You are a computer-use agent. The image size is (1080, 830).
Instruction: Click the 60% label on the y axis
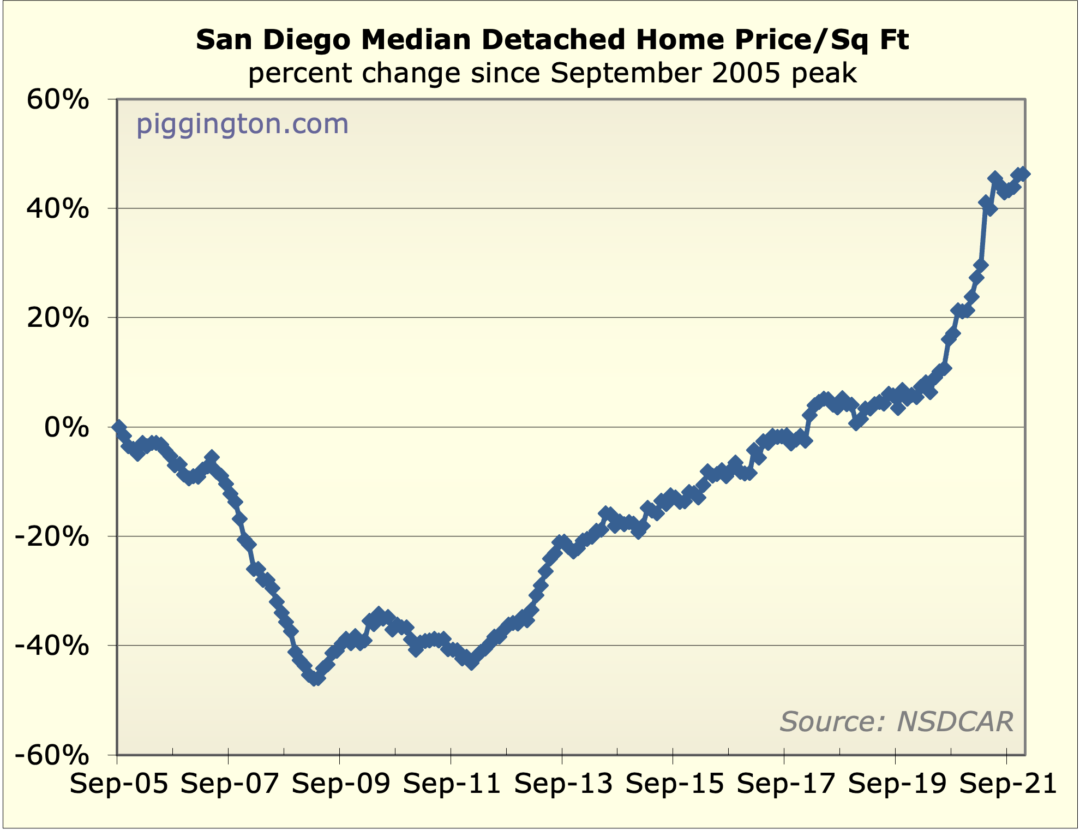tap(57, 100)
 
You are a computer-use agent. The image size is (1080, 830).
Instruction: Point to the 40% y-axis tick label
tap(57, 208)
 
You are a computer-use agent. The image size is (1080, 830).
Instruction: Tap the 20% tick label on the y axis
tap(57, 318)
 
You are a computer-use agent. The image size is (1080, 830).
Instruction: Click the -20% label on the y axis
tap(51, 537)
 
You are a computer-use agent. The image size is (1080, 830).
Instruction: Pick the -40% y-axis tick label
tap(51, 646)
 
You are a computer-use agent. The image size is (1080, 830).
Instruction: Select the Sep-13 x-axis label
tap(563, 785)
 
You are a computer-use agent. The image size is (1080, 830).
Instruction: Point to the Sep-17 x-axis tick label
tap(786, 785)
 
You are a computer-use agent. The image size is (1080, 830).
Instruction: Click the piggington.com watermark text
tap(242, 124)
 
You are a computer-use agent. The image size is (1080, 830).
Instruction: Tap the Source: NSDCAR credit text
tap(896, 721)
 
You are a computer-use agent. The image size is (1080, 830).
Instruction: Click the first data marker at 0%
tap(119, 427)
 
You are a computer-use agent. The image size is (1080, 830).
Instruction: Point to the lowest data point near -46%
tap(316, 678)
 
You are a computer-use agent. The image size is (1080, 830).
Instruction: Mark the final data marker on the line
tap(1023, 174)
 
